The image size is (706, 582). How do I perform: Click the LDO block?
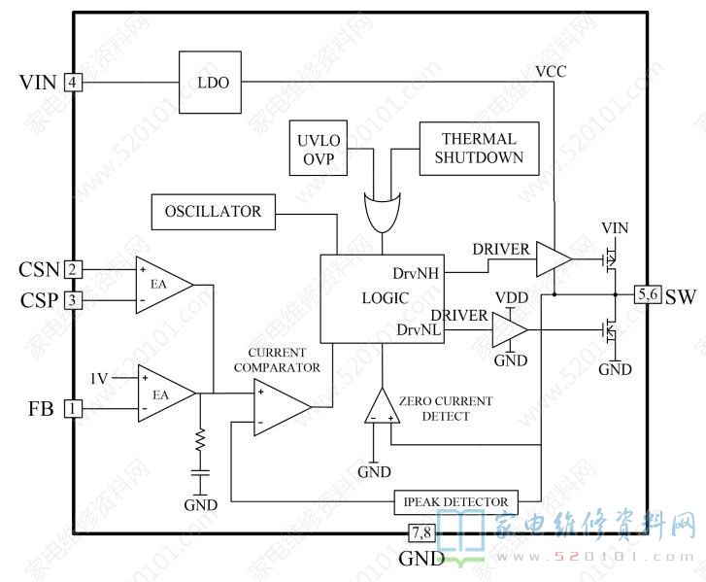click(x=210, y=82)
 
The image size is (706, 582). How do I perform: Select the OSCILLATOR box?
click(x=213, y=212)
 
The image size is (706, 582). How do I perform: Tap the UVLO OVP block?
click(x=318, y=148)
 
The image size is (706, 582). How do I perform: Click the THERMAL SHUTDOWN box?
click(x=479, y=149)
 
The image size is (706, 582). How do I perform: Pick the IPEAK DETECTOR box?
click(x=455, y=501)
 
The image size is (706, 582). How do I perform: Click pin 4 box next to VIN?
click(x=73, y=83)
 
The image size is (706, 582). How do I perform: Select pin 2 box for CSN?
click(x=73, y=270)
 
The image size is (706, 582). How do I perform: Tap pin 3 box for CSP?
click(x=73, y=300)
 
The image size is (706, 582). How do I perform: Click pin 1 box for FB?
click(x=73, y=409)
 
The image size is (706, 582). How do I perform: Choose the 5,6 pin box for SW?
click(x=648, y=294)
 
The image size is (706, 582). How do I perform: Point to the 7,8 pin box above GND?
click(x=421, y=533)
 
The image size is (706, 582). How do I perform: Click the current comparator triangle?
click(x=283, y=407)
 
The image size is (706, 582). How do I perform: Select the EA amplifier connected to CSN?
click(x=164, y=285)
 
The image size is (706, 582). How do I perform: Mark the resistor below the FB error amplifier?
click(x=200, y=439)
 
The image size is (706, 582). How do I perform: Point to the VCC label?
click(x=552, y=71)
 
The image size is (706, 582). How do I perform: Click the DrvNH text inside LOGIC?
click(x=416, y=273)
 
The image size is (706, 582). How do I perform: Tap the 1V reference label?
click(x=99, y=379)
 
